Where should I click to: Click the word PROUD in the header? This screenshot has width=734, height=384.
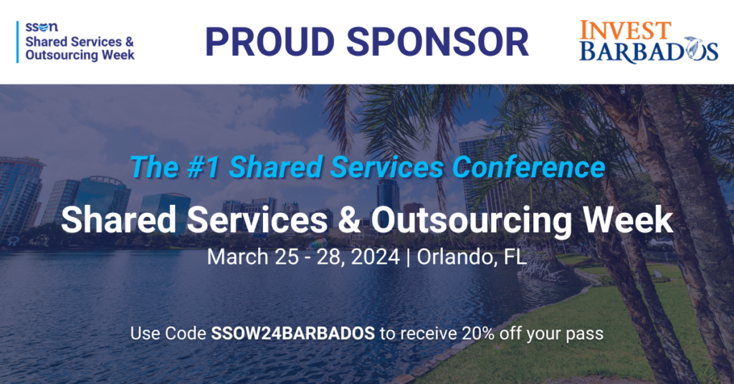pyautogui.click(x=270, y=42)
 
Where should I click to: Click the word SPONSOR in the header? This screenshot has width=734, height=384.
pyautogui.click(x=437, y=42)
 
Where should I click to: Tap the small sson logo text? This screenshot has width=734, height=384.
pyautogui.click(x=42, y=28)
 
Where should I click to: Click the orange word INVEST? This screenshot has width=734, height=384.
pyautogui.click(x=625, y=30)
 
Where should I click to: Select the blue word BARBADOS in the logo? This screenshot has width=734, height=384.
pyautogui.click(x=648, y=52)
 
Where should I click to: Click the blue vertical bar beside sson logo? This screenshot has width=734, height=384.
pyautogui.click(x=18, y=42)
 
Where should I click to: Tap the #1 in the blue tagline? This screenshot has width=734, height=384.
pyautogui.click(x=203, y=167)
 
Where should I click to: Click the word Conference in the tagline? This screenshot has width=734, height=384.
pyautogui.click(x=528, y=167)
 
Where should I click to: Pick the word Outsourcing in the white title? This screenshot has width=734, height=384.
pyautogui.click(x=471, y=221)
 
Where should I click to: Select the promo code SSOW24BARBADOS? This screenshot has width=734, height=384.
pyautogui.click(x=293, y=333)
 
